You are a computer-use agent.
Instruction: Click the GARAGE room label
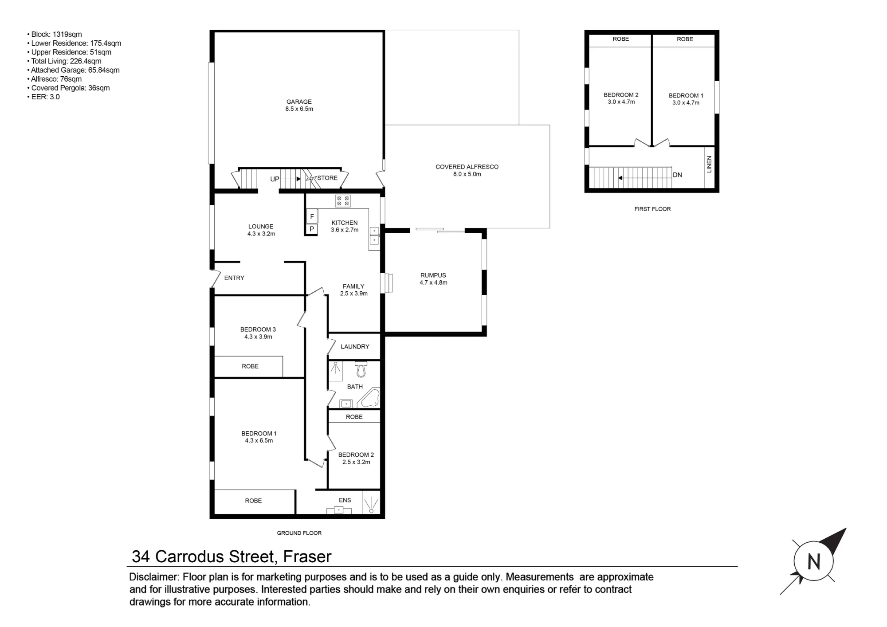tap(299, 102)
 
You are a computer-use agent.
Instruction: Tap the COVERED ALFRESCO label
tap(467, 167)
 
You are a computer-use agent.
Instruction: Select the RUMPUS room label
tap(433, 275)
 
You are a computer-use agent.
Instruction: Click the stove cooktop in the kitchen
tap(343, 201)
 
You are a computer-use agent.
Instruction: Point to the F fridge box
tap(312, 216)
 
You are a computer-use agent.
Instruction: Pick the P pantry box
tap(312, 229)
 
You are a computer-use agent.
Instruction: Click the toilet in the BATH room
tap(361, 369)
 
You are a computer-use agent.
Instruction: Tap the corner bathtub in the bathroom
tap(369, 398)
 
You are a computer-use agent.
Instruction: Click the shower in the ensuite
tap(371, 503)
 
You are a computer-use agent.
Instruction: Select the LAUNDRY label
tap(355, 347)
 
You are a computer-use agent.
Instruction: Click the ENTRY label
tap(234, 278)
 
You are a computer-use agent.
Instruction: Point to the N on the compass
tap(813, 562)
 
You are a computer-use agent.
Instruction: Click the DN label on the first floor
tap(677, 175)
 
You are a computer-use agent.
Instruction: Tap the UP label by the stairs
tap(275, 179)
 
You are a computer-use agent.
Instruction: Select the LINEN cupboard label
tap(709, 164)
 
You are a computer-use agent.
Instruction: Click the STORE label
tap(327, 178)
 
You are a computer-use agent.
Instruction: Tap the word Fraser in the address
tap(307, 556)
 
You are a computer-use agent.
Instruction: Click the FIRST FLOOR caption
tap(652, 209)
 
